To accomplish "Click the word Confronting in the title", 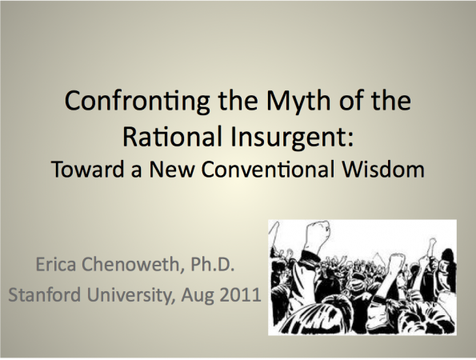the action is pos(138,102).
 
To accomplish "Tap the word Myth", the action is pos(298,102).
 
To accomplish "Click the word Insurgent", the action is pos(287,138).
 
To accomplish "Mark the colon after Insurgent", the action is pos(350,139).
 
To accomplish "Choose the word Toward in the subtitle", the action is pos(88,169).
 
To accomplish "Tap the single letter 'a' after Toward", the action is pos(137,171).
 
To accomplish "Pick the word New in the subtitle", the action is pos(172,169).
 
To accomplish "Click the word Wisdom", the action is pos(383,169).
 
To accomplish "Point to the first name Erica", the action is pos(55,264).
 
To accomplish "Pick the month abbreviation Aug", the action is pos(198,296).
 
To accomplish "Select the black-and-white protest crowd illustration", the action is pos(362,278).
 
